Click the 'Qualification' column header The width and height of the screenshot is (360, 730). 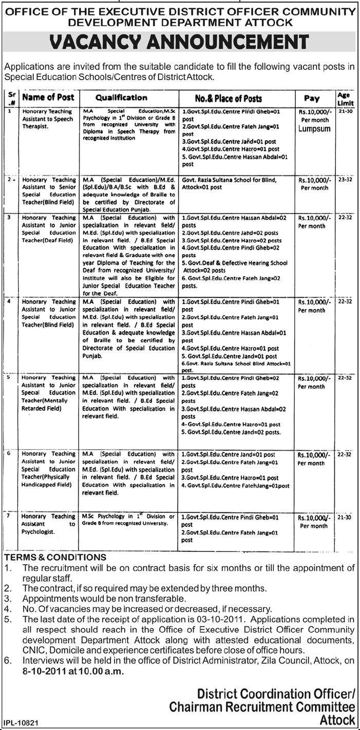[x=121, y=98]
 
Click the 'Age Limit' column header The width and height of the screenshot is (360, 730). [x=343, y=98]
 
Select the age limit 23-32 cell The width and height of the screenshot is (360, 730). [x=344, y=180]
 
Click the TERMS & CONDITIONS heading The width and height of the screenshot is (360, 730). [x=55, y=557]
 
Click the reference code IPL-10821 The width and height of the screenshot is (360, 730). [x=21, y=722]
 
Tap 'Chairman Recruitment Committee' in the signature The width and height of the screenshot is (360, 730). [x=262, y=707]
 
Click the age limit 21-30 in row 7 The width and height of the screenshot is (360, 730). [x=344, y=517]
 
